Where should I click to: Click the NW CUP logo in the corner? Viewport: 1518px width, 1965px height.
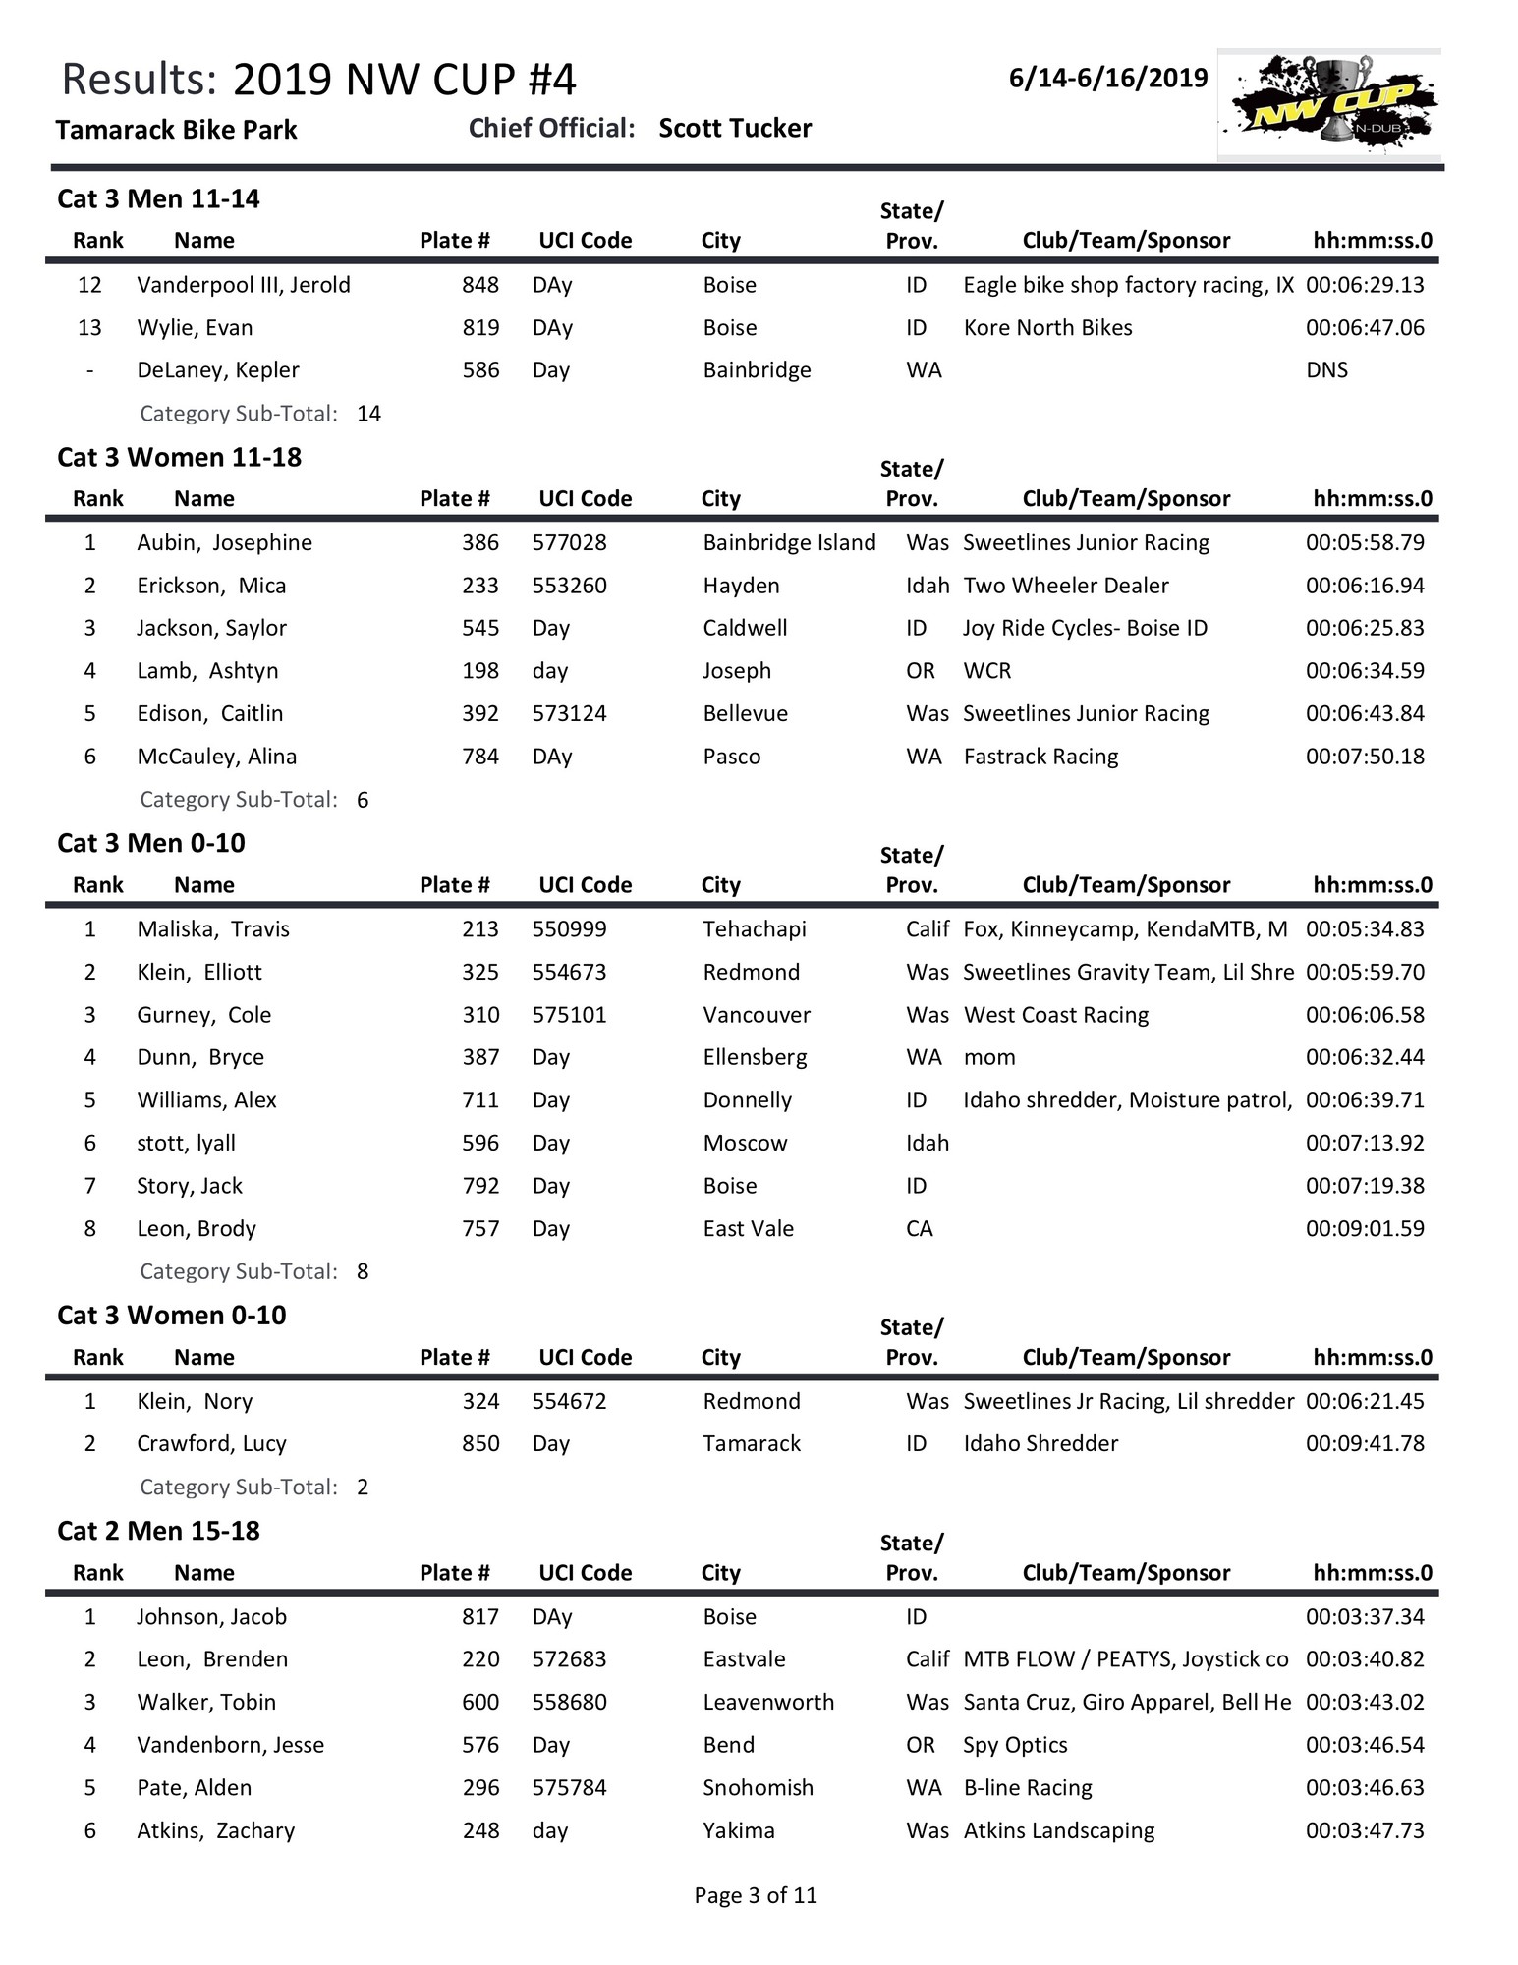1328,104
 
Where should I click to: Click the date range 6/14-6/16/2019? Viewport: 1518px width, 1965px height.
1107,79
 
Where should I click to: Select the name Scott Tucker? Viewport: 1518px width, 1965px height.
735,129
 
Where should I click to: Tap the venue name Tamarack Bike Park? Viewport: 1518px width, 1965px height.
176,130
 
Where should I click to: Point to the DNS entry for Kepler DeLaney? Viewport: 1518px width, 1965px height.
1326,370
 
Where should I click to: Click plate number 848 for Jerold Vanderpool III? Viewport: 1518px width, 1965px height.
480,285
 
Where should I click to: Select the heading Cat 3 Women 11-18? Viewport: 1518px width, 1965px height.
179,458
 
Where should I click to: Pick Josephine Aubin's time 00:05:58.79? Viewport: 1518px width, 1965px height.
1364,543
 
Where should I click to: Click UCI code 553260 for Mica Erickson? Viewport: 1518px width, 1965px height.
569,586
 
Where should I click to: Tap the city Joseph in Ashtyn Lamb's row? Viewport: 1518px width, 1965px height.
736,671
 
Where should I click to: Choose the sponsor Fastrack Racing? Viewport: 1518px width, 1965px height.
1040,757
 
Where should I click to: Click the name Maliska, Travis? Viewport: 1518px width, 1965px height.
213,929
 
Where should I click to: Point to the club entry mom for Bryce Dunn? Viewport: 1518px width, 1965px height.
989,1058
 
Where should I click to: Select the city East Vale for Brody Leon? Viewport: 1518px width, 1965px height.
748,1229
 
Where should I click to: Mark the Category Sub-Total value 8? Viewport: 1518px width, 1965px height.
363,1271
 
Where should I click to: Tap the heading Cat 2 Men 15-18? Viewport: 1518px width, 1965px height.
158,1532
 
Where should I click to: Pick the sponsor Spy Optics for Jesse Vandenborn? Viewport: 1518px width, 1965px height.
1015,1745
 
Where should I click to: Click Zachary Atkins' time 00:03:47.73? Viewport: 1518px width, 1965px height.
1364,1830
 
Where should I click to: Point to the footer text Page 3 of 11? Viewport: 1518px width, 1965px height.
755,1895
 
